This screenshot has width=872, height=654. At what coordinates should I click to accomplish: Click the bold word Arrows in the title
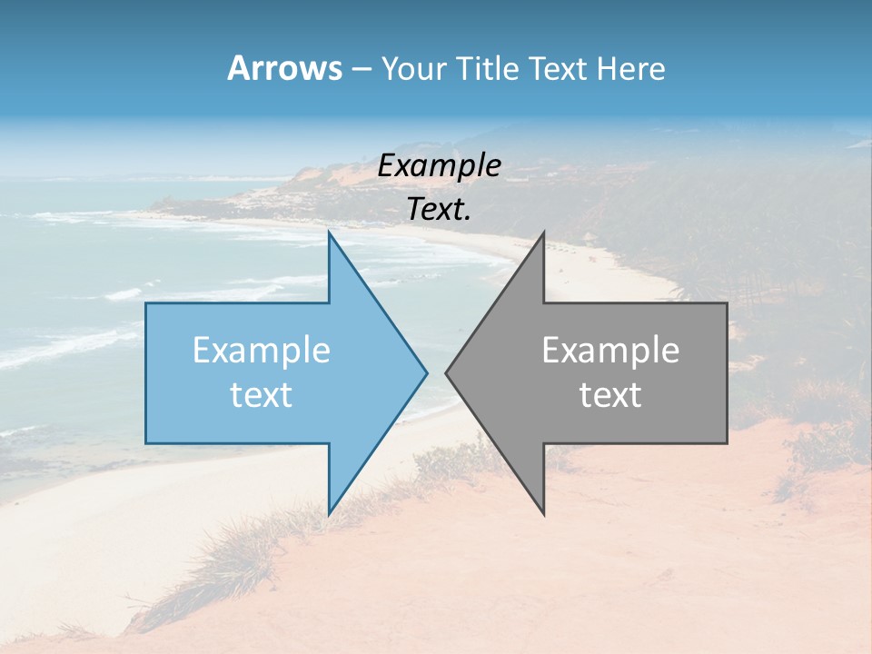(x=283, y=68)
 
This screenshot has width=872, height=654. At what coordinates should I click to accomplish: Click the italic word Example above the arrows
(x=440, y=166)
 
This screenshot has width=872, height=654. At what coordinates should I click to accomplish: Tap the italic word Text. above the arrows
(x=440, y=209)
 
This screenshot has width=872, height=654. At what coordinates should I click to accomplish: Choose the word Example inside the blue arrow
(x=262, y=351)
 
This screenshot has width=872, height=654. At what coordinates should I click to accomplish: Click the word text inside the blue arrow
(x=262, y=395)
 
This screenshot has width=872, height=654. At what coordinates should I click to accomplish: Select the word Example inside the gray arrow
(x=610, y=351)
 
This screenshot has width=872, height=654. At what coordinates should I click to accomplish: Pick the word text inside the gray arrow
(x=610, y=395)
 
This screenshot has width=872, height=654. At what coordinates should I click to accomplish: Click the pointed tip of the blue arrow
(x=426, y=372)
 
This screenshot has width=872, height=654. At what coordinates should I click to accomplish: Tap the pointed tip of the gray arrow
(x=447, y=372)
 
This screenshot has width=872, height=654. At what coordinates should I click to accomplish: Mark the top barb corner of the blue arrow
(x=329, y=233)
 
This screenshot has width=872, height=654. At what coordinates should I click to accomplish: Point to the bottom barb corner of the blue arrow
(x=329, y=513)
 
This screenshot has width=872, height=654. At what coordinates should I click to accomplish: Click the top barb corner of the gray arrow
(x=543, y=233)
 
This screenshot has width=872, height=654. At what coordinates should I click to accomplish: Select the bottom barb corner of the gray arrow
(x=543, y=513)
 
